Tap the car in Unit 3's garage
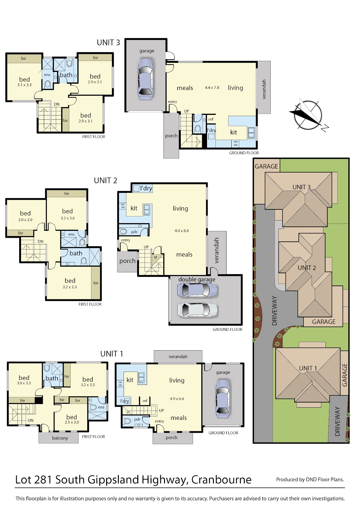(145, 79)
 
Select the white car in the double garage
(197, 310)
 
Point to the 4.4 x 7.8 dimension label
(212, 88)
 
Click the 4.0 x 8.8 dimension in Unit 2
(181, 231)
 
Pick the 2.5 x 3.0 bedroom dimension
(72, 422)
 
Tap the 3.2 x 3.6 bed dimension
(67, 218)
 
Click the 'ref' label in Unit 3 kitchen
(211, 119)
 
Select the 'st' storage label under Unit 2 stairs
(155, 257)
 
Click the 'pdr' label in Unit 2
(134, 232)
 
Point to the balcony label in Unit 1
(60, 438)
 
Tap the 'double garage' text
(197, 280)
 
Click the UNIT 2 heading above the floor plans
(106, 181)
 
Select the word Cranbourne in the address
(221, 480)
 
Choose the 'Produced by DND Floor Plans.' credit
(310, 480)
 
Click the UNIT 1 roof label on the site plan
(308, 368)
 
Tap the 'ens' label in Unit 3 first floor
(47, 75)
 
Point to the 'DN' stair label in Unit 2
(40, 241)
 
